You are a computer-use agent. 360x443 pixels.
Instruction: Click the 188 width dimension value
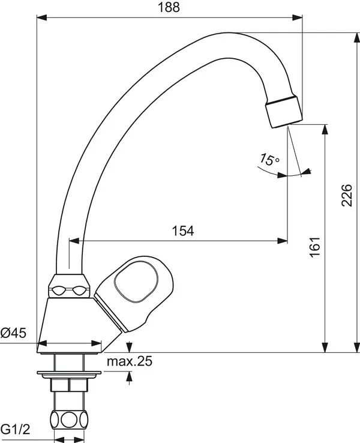170,7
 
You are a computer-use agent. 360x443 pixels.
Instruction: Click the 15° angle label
269,160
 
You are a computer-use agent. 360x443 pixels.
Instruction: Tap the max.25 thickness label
130,361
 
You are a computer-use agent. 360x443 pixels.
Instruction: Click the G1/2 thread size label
15,429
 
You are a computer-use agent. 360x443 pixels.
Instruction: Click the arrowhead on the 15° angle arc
307,172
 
